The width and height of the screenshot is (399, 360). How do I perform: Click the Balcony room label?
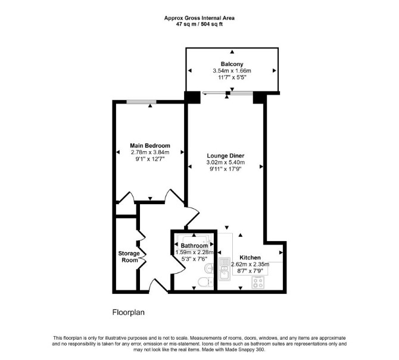coord(232,64)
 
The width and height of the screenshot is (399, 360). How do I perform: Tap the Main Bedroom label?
coord(150,146)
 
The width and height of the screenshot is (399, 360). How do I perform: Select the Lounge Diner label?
coord(226,155)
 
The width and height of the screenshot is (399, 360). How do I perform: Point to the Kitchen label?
coord(250,258)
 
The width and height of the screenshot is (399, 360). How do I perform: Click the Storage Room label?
coord(129,257)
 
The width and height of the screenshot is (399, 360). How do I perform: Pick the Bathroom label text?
coord(194,246)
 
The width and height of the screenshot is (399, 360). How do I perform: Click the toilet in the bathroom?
coord(205,281)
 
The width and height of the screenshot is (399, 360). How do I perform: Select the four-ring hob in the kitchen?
coord(257,283)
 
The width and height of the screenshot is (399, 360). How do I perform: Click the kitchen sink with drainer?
coord(225,269)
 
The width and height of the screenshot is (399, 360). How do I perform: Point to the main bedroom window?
coord(142,102)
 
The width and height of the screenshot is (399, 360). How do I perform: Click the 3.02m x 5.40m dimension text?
coord(226,162)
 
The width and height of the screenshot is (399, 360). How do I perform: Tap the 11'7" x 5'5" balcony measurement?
coord(232,77)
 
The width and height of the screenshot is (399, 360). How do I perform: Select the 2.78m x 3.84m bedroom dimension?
coord(150,152)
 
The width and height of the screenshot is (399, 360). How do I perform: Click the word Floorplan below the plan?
coord(128,312)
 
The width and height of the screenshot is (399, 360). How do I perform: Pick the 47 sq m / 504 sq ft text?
coord(199,24)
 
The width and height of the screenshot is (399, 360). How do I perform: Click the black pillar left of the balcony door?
coord(192,97)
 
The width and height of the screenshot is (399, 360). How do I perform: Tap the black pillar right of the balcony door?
coord(259,98)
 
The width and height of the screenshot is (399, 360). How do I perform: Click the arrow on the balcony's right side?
coord(275,70)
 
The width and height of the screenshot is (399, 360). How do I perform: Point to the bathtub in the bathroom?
coord(194,239)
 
